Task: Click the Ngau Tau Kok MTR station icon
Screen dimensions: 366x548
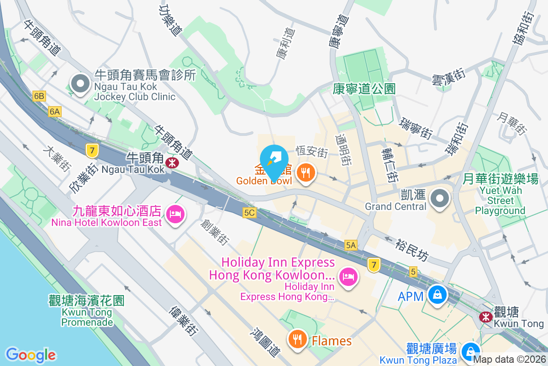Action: click(172, 162)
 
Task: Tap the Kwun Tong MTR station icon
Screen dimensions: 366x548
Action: click(485, 317)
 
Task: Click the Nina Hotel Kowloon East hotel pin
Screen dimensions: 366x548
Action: click(175, 214)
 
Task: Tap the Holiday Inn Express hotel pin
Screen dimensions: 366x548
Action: click(349, 276)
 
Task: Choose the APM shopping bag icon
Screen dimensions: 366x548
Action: click(437, 294)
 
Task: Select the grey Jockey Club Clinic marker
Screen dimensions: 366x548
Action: click(80, 84)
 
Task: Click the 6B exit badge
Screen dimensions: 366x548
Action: click(39, 96)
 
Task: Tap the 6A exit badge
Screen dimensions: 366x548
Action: click(55, 111)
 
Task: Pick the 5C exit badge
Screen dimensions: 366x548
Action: click(249, 213)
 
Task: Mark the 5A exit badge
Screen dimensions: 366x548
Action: click(351, 246)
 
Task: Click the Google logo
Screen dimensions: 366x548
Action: click(31, 355)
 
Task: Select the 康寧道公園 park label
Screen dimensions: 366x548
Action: click(364, 88)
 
